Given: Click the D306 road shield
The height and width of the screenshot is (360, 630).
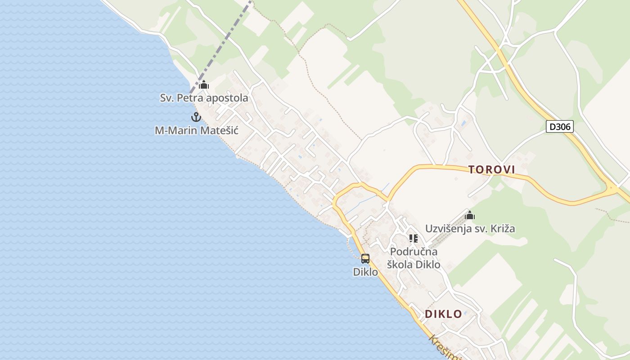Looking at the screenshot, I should click(x=560, y=126).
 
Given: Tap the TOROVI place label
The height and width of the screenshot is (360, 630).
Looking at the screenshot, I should click(x=491, y=170).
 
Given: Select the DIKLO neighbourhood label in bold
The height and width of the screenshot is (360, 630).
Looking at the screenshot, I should click(x=443, y=314).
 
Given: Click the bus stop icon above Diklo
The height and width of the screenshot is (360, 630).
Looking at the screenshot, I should click(x=365, y=259).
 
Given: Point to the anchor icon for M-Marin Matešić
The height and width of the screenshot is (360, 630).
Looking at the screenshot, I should click(x=196, y=117).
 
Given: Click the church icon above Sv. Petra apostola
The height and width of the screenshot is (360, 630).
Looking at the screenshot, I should click(x=204, y=85).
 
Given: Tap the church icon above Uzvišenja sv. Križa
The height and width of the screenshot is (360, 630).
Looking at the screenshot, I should click(x=470, y=215).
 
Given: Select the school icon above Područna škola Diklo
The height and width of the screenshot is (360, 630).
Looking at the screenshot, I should click(x=414, y=238).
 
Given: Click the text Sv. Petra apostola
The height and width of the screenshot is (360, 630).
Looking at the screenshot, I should click(x=204, y=98).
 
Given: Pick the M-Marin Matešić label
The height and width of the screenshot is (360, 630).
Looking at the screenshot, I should click(x=197, y=130).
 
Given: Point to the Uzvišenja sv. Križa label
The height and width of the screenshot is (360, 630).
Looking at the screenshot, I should click(x=470, y=229).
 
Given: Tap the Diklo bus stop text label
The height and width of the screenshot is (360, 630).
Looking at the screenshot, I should click(x=365, y=272).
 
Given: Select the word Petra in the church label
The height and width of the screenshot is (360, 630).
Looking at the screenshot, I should click(x=189, y=98).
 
